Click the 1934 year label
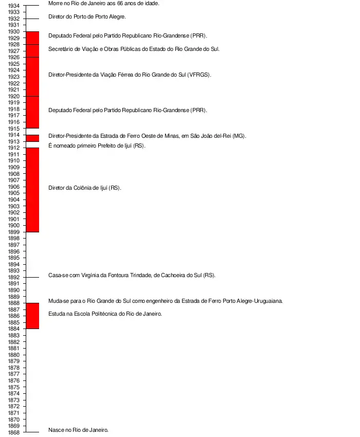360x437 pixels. coord(14,6)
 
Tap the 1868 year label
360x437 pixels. coord(14,432)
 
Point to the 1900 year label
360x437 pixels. coord(14,225)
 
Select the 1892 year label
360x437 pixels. coord(14,277)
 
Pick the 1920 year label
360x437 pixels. coord(14,96)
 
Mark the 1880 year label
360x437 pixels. coord(14,355)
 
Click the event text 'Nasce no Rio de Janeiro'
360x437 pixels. coord(78,430)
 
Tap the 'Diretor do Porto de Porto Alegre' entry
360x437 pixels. coord(87,16)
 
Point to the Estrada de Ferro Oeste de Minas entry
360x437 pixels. coord(147,136)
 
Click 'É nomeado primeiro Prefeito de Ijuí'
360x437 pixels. coord(97,145)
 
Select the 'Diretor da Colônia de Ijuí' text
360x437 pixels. coord(84,188)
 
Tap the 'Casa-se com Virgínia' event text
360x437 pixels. coord(132,275)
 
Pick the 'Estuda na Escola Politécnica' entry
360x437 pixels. coord(105,314)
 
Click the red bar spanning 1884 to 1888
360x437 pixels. coord(32,316)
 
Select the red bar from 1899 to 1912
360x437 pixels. coord(32,190)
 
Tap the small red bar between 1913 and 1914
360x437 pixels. coord(32,138)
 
